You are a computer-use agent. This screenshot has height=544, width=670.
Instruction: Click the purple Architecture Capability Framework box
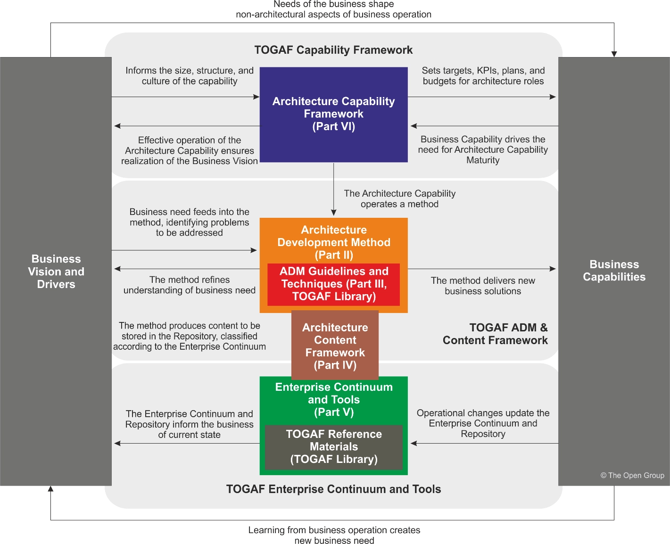point(333,114)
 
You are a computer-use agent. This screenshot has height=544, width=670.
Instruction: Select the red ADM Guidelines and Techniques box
point(333,284)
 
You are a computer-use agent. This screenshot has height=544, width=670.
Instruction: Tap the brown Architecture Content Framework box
point(335,346)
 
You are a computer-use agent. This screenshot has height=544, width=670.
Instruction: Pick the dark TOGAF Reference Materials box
point(333,446)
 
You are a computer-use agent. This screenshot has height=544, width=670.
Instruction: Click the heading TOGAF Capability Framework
point(333,50)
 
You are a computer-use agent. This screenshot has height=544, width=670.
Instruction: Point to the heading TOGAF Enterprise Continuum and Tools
point(333,489)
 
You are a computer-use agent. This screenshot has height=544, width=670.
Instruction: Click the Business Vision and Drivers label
point(56,272)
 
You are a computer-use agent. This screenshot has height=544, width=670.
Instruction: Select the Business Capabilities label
point(614,271)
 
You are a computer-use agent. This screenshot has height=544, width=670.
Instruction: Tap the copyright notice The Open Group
point(632,475)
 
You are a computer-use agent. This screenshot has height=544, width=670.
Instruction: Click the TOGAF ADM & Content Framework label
point(495,334)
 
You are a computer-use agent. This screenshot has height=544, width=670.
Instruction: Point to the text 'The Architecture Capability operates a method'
point(399,198)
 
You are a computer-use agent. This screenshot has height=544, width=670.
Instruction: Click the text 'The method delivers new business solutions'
point(483,286)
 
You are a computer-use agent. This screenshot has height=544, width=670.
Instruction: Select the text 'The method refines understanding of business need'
point(189,285)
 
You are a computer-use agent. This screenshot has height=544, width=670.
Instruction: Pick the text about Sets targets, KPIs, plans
point(483,75)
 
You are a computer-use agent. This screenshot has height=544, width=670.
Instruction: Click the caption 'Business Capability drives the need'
point(483,149)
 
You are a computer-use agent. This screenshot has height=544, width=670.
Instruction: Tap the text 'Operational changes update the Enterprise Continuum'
point(483,423)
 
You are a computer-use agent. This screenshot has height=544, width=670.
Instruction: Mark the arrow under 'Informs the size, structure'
point(185,97)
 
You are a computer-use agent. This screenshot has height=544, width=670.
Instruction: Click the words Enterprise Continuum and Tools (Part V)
point(333,399)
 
